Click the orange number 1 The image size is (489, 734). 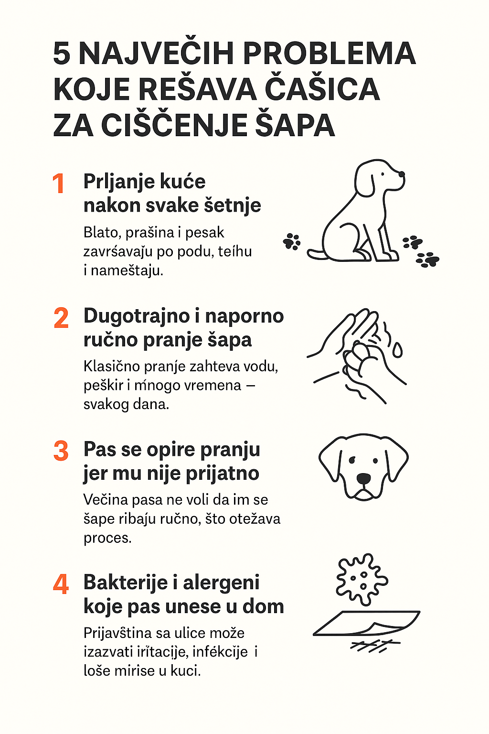[58, 183]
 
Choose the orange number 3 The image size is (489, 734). [61, 451]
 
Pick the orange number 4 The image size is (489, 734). [61, 584]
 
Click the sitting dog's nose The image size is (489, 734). [402, 173]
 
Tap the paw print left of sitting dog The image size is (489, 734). [292, 241]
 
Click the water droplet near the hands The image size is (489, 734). [397, 350]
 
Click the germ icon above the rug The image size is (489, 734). [362, 580]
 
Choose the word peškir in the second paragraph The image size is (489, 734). [103, 386]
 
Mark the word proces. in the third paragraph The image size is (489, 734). [108, 539]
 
